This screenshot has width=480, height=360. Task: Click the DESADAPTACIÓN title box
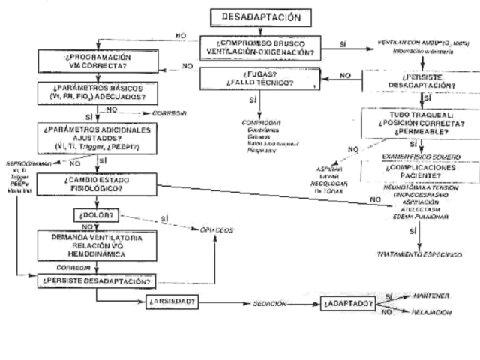click(256, 16)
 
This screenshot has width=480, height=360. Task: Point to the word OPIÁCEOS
click(215, 230)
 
